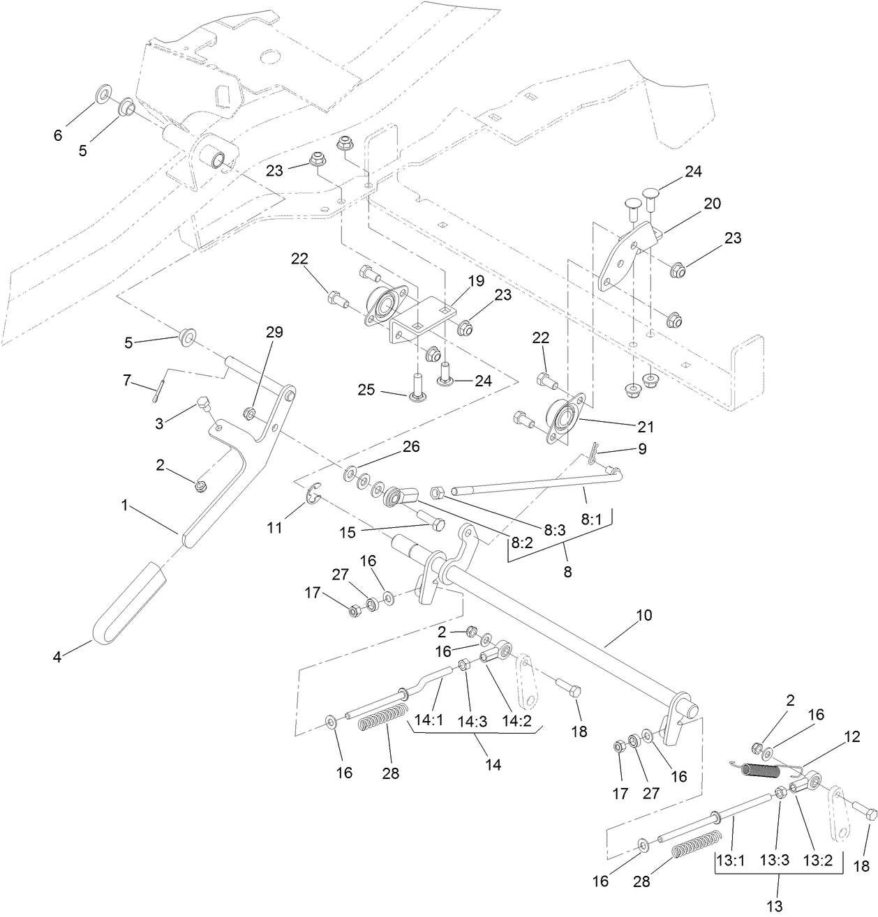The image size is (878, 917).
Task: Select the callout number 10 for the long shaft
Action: [643, 616]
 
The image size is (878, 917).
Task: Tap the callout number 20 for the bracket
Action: [712, 204]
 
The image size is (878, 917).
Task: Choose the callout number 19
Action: [476, 281]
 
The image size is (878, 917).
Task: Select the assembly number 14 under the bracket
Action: [493, 764]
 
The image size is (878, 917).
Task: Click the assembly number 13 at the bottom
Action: [775, 907]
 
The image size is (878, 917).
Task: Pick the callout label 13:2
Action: [817, 861]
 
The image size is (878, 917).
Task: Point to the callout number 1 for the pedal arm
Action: [125, 505]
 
